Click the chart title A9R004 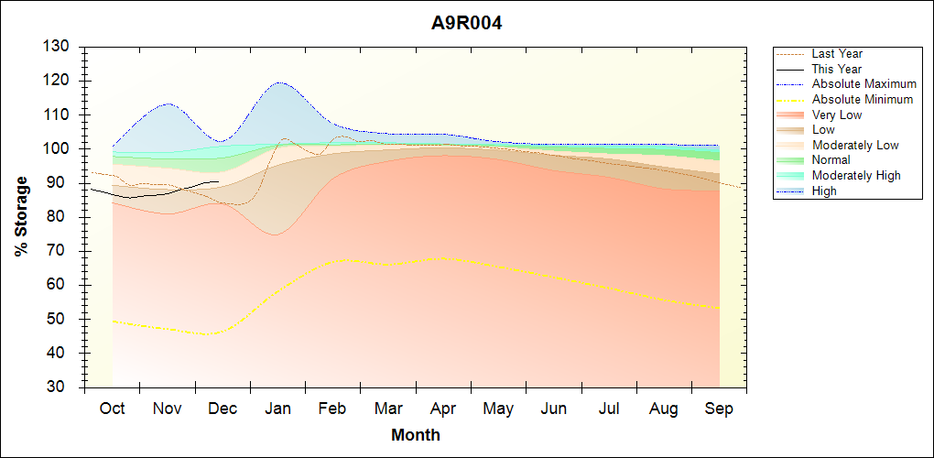coord(466,23)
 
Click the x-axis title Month coord(415,435)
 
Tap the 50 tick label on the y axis coord(60,319)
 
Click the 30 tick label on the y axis coord(60,387)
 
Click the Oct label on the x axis coord(112,409)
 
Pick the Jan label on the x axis coord(277,409)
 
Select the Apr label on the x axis coord(443,409)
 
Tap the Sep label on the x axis coord(719,409)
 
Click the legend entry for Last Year coord(837,54)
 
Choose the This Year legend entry coord(836,69)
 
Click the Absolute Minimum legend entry coord(862,99)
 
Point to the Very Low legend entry coord(836,114)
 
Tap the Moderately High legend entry coord(855,175)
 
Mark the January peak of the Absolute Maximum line coord(278,82)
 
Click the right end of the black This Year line coord(218,181)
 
